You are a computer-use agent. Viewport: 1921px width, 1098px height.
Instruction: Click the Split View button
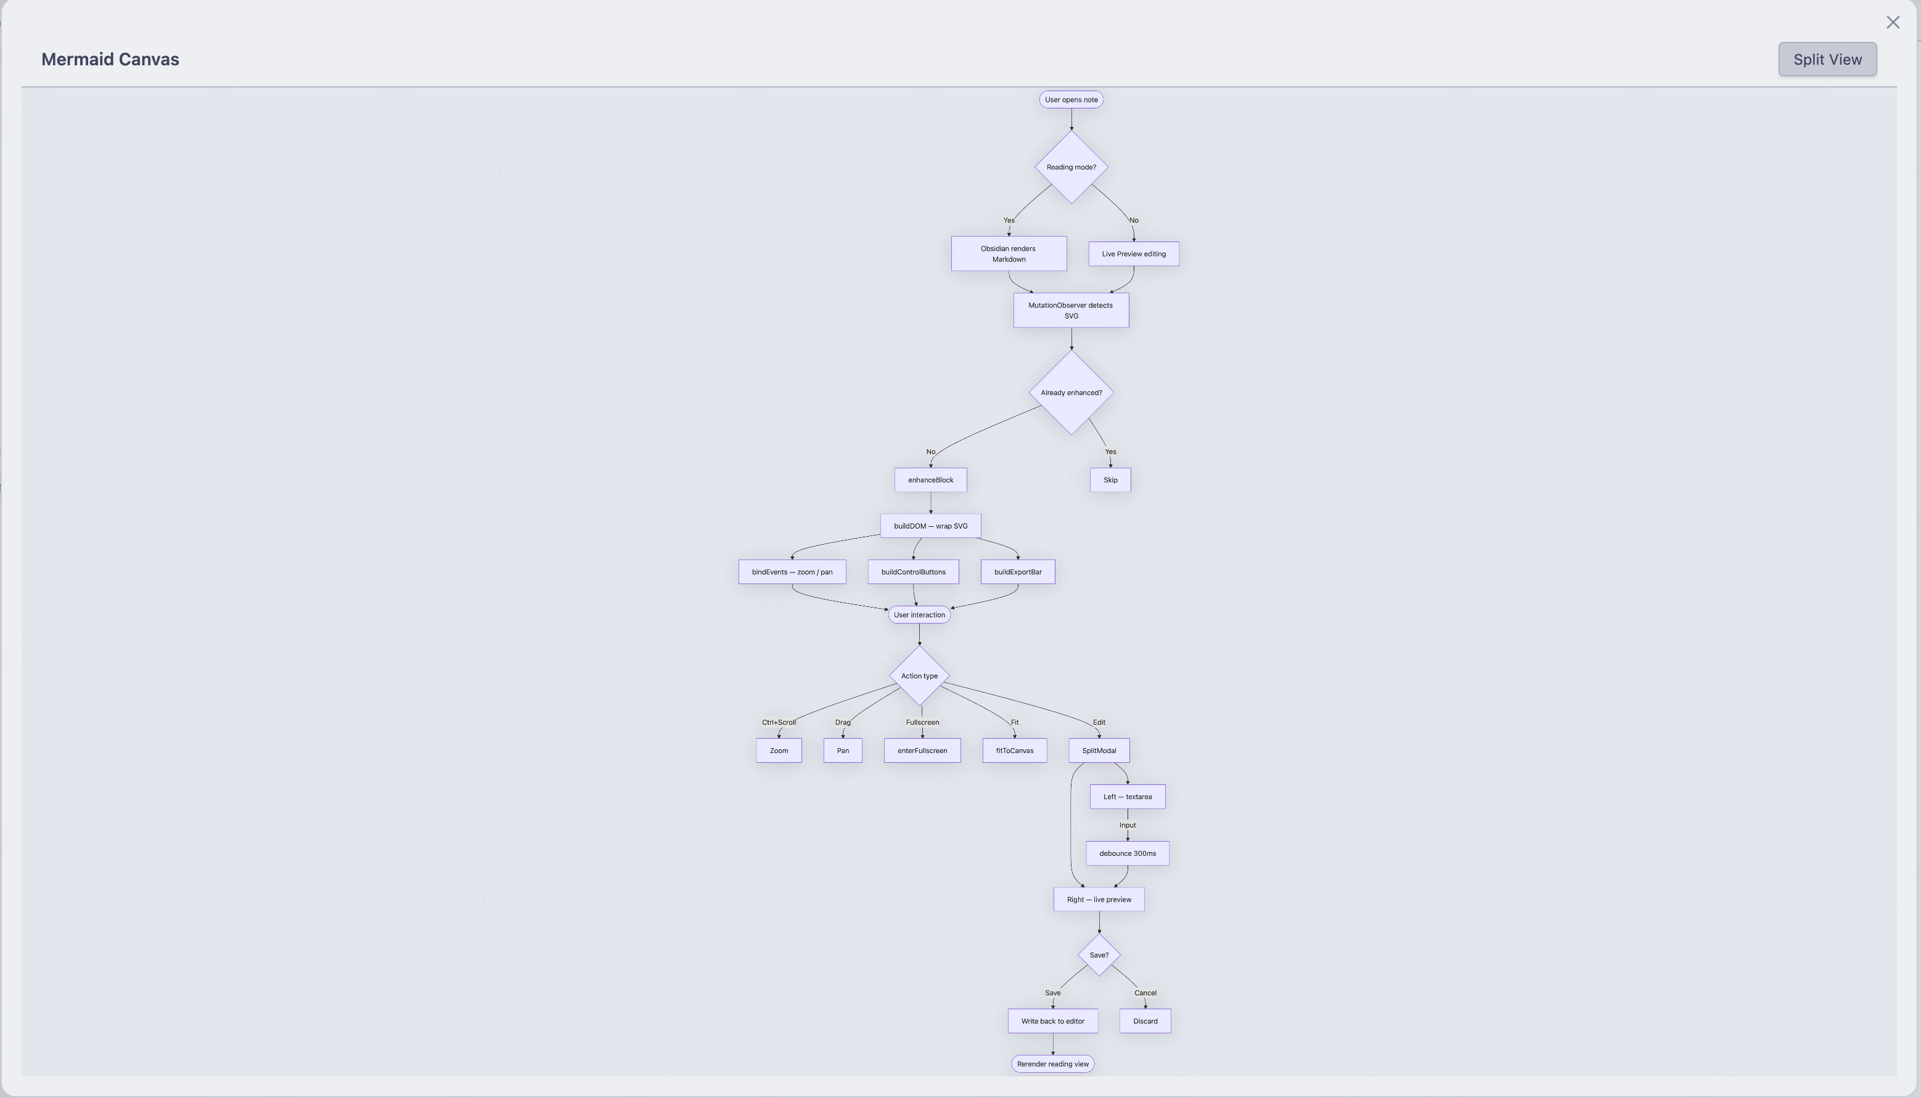pyautogui.click(x=1827, y=59)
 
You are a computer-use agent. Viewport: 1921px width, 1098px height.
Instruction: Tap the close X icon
pyautogui.click(x=1892, y=23)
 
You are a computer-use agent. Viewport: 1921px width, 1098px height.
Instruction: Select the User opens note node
pyautogui.click(x=1071, y=100)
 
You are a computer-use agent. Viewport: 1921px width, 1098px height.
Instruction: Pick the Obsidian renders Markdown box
pyautogui.click(x=1009, y=253)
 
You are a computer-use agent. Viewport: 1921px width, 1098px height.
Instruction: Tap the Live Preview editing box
pyautogui.click(x=1133, y=254)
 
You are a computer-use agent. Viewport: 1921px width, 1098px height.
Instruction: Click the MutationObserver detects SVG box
pyautogui.click(x=1071, y=311)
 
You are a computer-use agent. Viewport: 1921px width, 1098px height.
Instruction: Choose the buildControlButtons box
pyautogui.click(x=913, y=572)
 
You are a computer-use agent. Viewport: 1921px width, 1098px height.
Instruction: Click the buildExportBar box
pyautogui.click(x=1018, y=572)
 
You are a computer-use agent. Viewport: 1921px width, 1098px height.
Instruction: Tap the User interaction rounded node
pyautogui.click(x=919, y=614)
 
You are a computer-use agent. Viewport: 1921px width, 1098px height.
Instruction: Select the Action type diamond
pyautogui.click(x=919, y=676)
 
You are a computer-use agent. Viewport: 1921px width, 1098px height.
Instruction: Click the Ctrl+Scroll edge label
pyautogui.click(x=779, y=722)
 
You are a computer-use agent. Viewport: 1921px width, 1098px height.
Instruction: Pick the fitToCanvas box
pyautogui.click(x=1014, y=750)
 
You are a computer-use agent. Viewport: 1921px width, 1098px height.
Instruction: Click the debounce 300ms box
pyautogui.click(x=1127, y=853)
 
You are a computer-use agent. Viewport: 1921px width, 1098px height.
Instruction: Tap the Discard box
pyautogui.click(x=1145, y=1021)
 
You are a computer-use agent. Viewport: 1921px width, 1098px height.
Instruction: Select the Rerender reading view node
pyautogui.click(x=1052, y=1064)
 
